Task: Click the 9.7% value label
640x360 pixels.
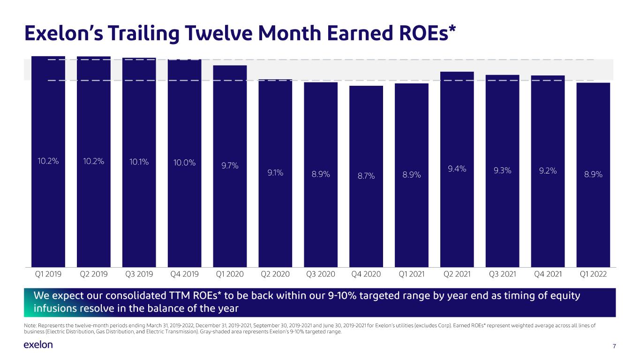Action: [230, 165]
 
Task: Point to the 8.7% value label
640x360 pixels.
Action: [366, 175]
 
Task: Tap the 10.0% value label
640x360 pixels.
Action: [184, 163]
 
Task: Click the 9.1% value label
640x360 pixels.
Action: [275, 172]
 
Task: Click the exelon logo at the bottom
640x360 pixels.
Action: [38, 345]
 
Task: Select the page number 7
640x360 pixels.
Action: [614, 346]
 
